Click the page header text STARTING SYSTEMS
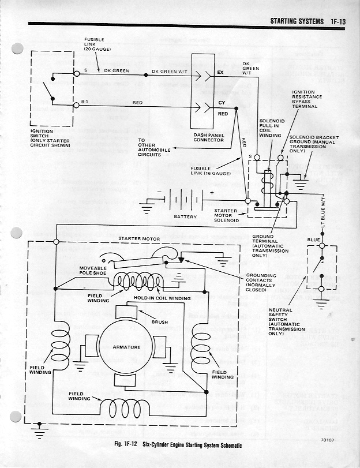(297, 21)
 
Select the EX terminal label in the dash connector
(220, 73)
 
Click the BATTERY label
(185, 217)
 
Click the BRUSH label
(160, 322)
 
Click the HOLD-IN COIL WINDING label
(162, 298)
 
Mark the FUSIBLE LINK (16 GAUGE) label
(210, 171)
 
